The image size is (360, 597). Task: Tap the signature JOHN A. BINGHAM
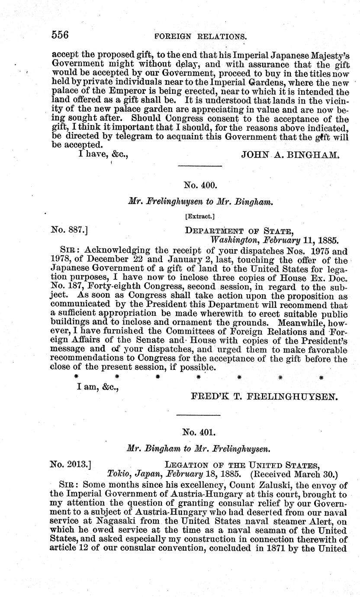290,154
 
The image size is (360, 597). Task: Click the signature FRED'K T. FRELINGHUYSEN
264,396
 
